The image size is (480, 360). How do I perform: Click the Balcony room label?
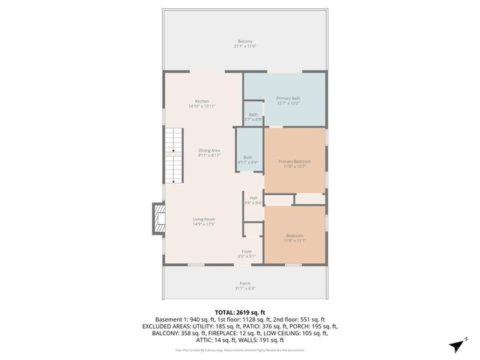tap(245, 40)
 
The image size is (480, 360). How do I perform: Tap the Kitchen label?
tap(202, 101)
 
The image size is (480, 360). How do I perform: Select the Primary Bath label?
tap(288, 98)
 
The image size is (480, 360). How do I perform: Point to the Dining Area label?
tap(209, 150)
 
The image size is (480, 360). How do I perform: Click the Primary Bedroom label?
tap(294, 161)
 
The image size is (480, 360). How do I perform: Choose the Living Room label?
tap(204, 218)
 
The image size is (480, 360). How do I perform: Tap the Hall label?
tap(253, 198)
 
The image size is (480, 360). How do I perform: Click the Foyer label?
tap(246, 250)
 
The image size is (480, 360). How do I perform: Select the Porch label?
tap(245, 283)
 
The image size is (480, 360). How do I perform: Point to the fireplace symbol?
tap(157, 217)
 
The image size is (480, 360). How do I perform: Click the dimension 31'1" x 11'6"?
tap(245, 46)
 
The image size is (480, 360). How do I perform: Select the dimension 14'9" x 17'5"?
tap(204, 224)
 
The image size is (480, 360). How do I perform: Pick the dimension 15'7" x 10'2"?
tap(288, 103)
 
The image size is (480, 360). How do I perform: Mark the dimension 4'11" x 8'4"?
tap(247, 162)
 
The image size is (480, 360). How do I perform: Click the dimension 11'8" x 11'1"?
tap(294, 241)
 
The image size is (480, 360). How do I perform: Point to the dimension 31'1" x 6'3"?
tap(245, 289)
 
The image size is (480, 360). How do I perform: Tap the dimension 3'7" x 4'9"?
tap(253, 119)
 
